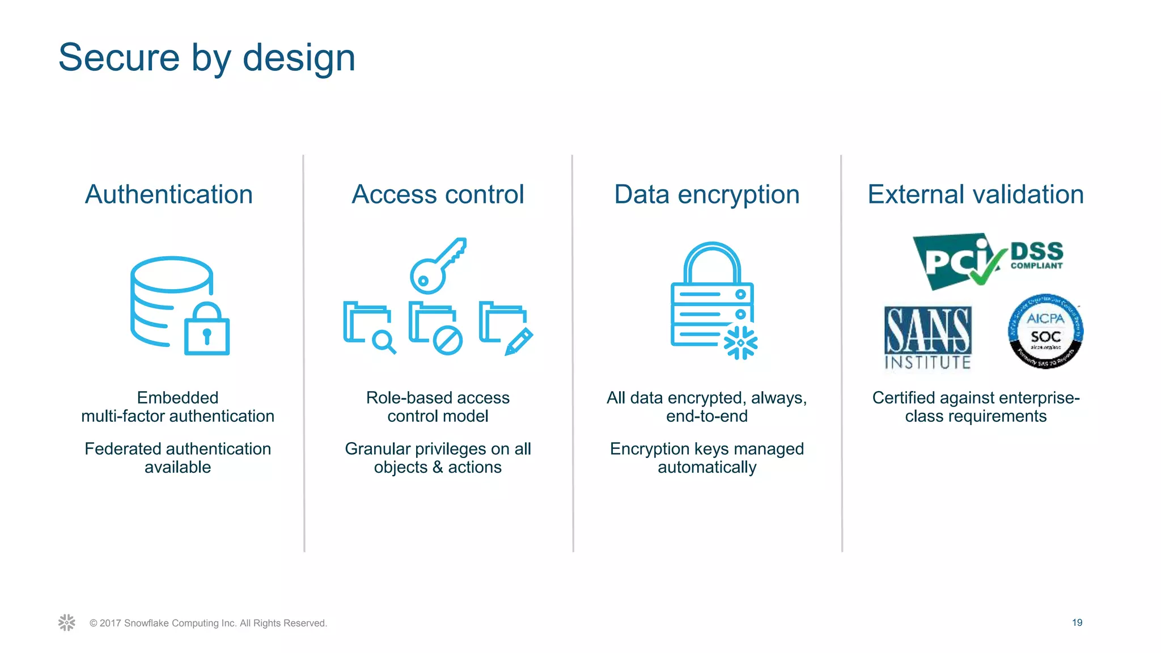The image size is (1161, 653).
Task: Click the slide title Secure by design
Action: (x=207, y=58)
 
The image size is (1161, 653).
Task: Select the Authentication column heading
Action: (x=169, y=194)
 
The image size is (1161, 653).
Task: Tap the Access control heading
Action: (x=438, y=194)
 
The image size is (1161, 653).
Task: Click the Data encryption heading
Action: (x=707, y=194)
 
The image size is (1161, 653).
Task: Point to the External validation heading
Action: (x=976, y=194)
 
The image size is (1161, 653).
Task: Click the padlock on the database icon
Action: (x=207, y=331)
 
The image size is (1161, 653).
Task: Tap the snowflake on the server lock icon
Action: (x=740, y=343)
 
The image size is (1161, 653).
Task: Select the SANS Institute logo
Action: (x=928, y=338)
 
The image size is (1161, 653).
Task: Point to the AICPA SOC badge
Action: (x=1045, y=332)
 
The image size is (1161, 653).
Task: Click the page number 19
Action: (x=1077, y=622)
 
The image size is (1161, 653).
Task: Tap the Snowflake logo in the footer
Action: (x=67, y=622)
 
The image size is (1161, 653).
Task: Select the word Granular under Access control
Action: (x=378, y=449)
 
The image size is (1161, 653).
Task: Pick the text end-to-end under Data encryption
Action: (x=707, y=416)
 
